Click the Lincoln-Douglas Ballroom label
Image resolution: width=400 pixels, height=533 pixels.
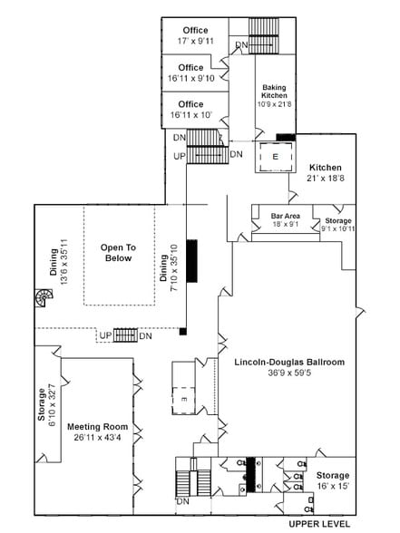point(289,362)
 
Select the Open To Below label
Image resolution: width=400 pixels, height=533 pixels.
point(118,252)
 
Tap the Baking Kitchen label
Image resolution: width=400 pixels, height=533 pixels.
point(274,90)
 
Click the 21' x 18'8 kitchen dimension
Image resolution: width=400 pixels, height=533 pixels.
point(324,180)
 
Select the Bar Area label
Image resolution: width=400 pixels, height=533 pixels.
point(286,216)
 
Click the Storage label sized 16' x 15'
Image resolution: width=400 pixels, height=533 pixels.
point(332,475)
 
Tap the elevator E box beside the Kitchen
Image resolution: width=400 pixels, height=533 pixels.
point(274,156)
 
